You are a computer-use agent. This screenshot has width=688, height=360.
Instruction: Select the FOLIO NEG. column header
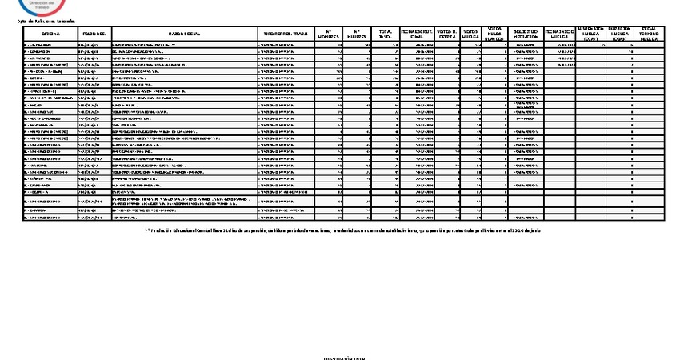pos(94,34)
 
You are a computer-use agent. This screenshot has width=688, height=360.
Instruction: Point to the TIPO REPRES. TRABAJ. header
pos(286,34)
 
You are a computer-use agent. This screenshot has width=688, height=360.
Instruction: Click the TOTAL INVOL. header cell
pos(386,34)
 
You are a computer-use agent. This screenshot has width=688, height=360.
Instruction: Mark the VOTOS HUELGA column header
pos(473,34)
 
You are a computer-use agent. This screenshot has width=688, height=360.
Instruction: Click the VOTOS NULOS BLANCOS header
pos(496,33)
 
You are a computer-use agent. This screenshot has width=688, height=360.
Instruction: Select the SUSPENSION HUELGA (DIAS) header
pos(591,33)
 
